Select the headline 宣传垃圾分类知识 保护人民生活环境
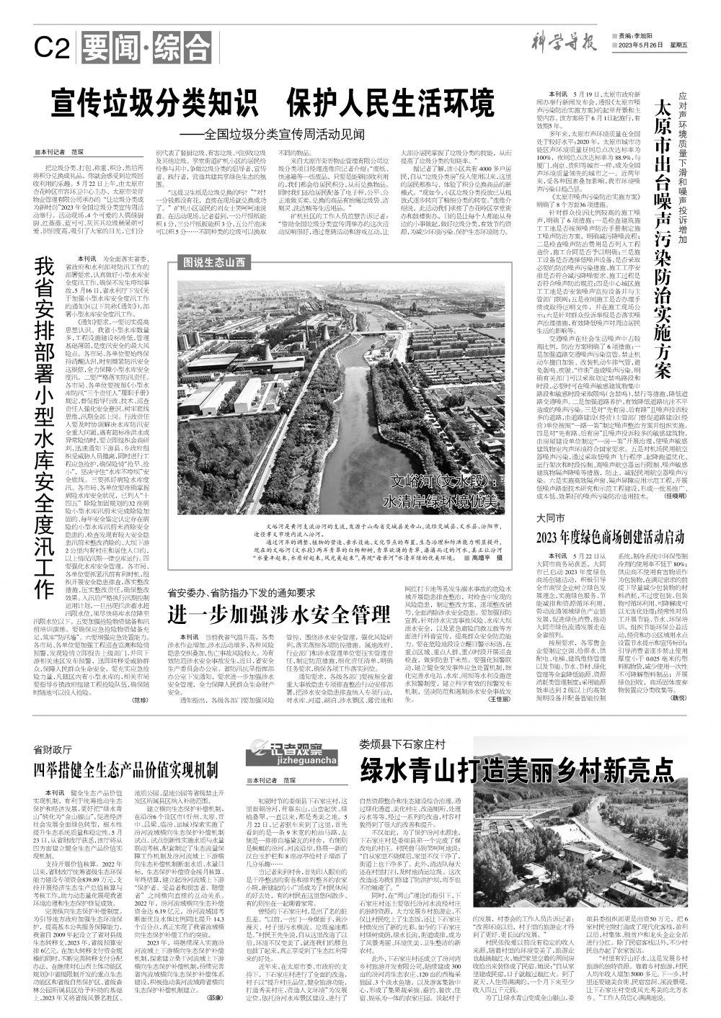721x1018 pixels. [272, 102]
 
